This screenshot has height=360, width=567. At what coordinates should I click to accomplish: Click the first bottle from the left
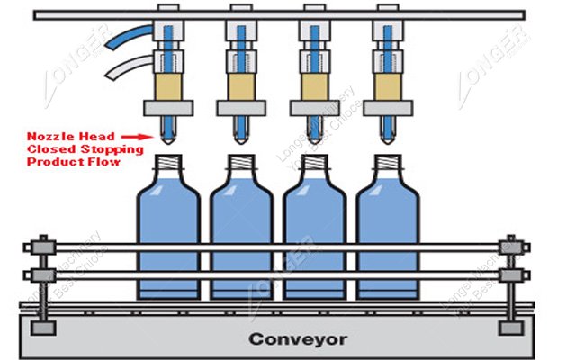pos(168,238)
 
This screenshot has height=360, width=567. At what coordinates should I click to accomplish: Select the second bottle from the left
pos(241,238)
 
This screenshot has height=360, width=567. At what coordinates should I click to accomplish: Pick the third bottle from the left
pos(314,238)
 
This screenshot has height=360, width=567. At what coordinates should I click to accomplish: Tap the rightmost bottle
pos(387,238)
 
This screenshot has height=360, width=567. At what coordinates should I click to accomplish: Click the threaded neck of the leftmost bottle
pos(168,164)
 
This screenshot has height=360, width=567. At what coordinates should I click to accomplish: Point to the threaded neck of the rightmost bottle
pos(387,164)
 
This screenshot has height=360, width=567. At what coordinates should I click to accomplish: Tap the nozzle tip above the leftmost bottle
pos(168,139)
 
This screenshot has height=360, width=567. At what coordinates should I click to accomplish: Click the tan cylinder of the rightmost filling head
pos(387,87)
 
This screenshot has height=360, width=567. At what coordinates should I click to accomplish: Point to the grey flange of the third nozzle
pos(314,109)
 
